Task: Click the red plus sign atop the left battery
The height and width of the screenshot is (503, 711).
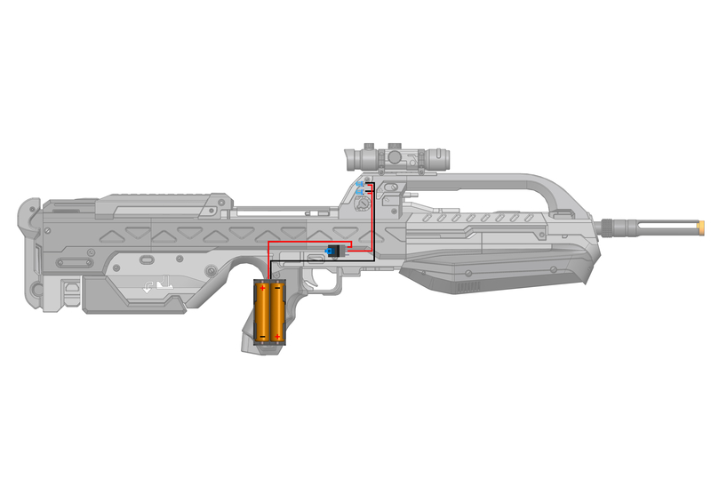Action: tap(264, 287)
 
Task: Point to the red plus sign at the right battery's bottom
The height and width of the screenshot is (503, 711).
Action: tap(278, 336)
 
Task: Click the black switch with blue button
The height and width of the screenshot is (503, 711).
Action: tap(335, 251)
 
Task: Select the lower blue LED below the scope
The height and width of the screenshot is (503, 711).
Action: tap(359, 193)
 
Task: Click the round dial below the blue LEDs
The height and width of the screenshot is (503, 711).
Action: tap(363, 205)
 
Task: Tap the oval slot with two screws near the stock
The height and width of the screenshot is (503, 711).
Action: tap(74, 263)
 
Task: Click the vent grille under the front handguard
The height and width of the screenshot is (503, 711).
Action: tap(468, 288)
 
